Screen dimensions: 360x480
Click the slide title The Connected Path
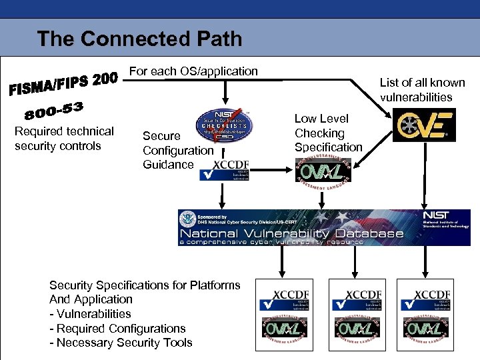pyautogui.click(x=139, y=39)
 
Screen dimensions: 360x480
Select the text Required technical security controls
pyautogui.click(x=64, y=139)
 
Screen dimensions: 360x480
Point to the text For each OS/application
pyautogui.click(x=193, y=71)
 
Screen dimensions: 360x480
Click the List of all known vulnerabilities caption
pyautogui.click(x=422, y=90)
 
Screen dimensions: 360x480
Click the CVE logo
pyautogui.click(x=423, y=126)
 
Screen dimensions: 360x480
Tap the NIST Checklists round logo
pyautogui.click(x=224, y=125)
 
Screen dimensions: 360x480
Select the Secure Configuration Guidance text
pyautogui.click(x=177, y=150)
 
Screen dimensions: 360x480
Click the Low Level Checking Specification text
pyautogui.click(x=328, y=133)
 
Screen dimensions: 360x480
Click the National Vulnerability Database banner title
pyautogui.click(x=291, y=233)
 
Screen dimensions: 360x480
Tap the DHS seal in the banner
pyautogui.click(x=189, y=219)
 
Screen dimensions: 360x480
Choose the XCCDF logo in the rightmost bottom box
pyautogui.click(x=429, y=299)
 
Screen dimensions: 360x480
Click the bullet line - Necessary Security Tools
pyautogui.click(x=121, y=343)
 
